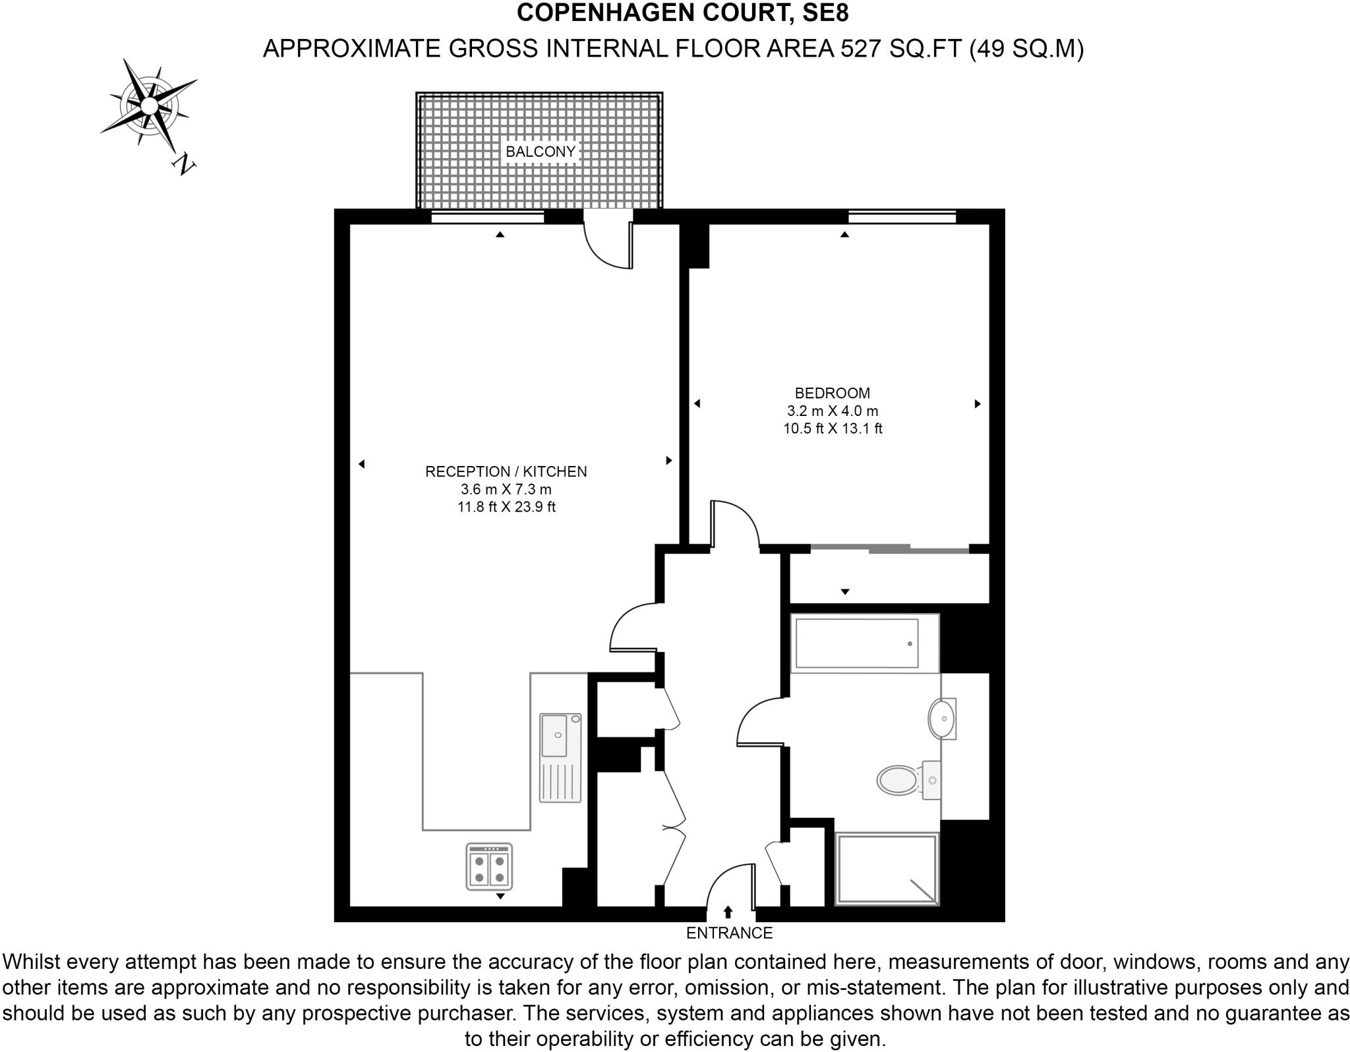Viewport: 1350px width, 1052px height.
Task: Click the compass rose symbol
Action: pos(150,105)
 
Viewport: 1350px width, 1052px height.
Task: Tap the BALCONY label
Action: pos(541,152)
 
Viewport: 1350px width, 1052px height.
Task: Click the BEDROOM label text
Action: pos(833,394)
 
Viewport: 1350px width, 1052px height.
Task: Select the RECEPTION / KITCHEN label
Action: pos(506,472)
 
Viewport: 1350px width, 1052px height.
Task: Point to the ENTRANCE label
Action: pos(729,933)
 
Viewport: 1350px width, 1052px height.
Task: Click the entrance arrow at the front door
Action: pos(728,912)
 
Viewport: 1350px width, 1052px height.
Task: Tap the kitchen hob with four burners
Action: pos(489,867)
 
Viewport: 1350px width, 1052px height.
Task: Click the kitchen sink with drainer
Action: pos(560,757)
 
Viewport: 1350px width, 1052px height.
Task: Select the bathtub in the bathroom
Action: pos(857,643)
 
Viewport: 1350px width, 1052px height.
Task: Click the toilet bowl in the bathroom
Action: pos(898,780)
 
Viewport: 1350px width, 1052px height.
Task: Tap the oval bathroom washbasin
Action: pos(941,718)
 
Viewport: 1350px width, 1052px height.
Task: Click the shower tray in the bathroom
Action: pos(887,869)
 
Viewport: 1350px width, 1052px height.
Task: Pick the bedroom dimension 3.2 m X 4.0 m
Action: pos(833,411)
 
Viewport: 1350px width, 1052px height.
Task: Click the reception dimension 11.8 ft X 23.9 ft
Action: pos(506,508)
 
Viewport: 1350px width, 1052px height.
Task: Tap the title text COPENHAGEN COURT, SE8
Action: pos(683,13)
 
